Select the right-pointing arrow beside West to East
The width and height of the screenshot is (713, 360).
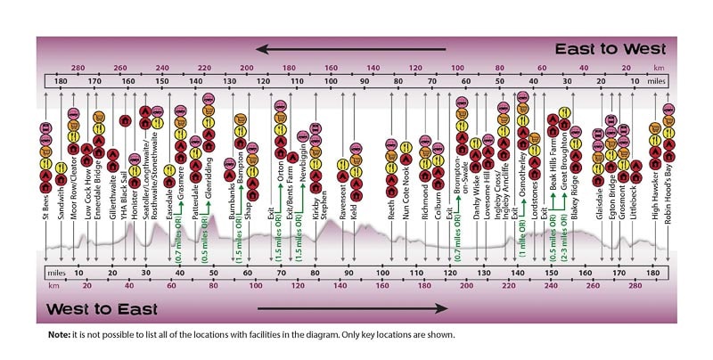click(353, 309)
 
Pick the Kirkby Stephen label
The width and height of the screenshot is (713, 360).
click(316, 190)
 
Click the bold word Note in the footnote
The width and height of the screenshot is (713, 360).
click(61, 335)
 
